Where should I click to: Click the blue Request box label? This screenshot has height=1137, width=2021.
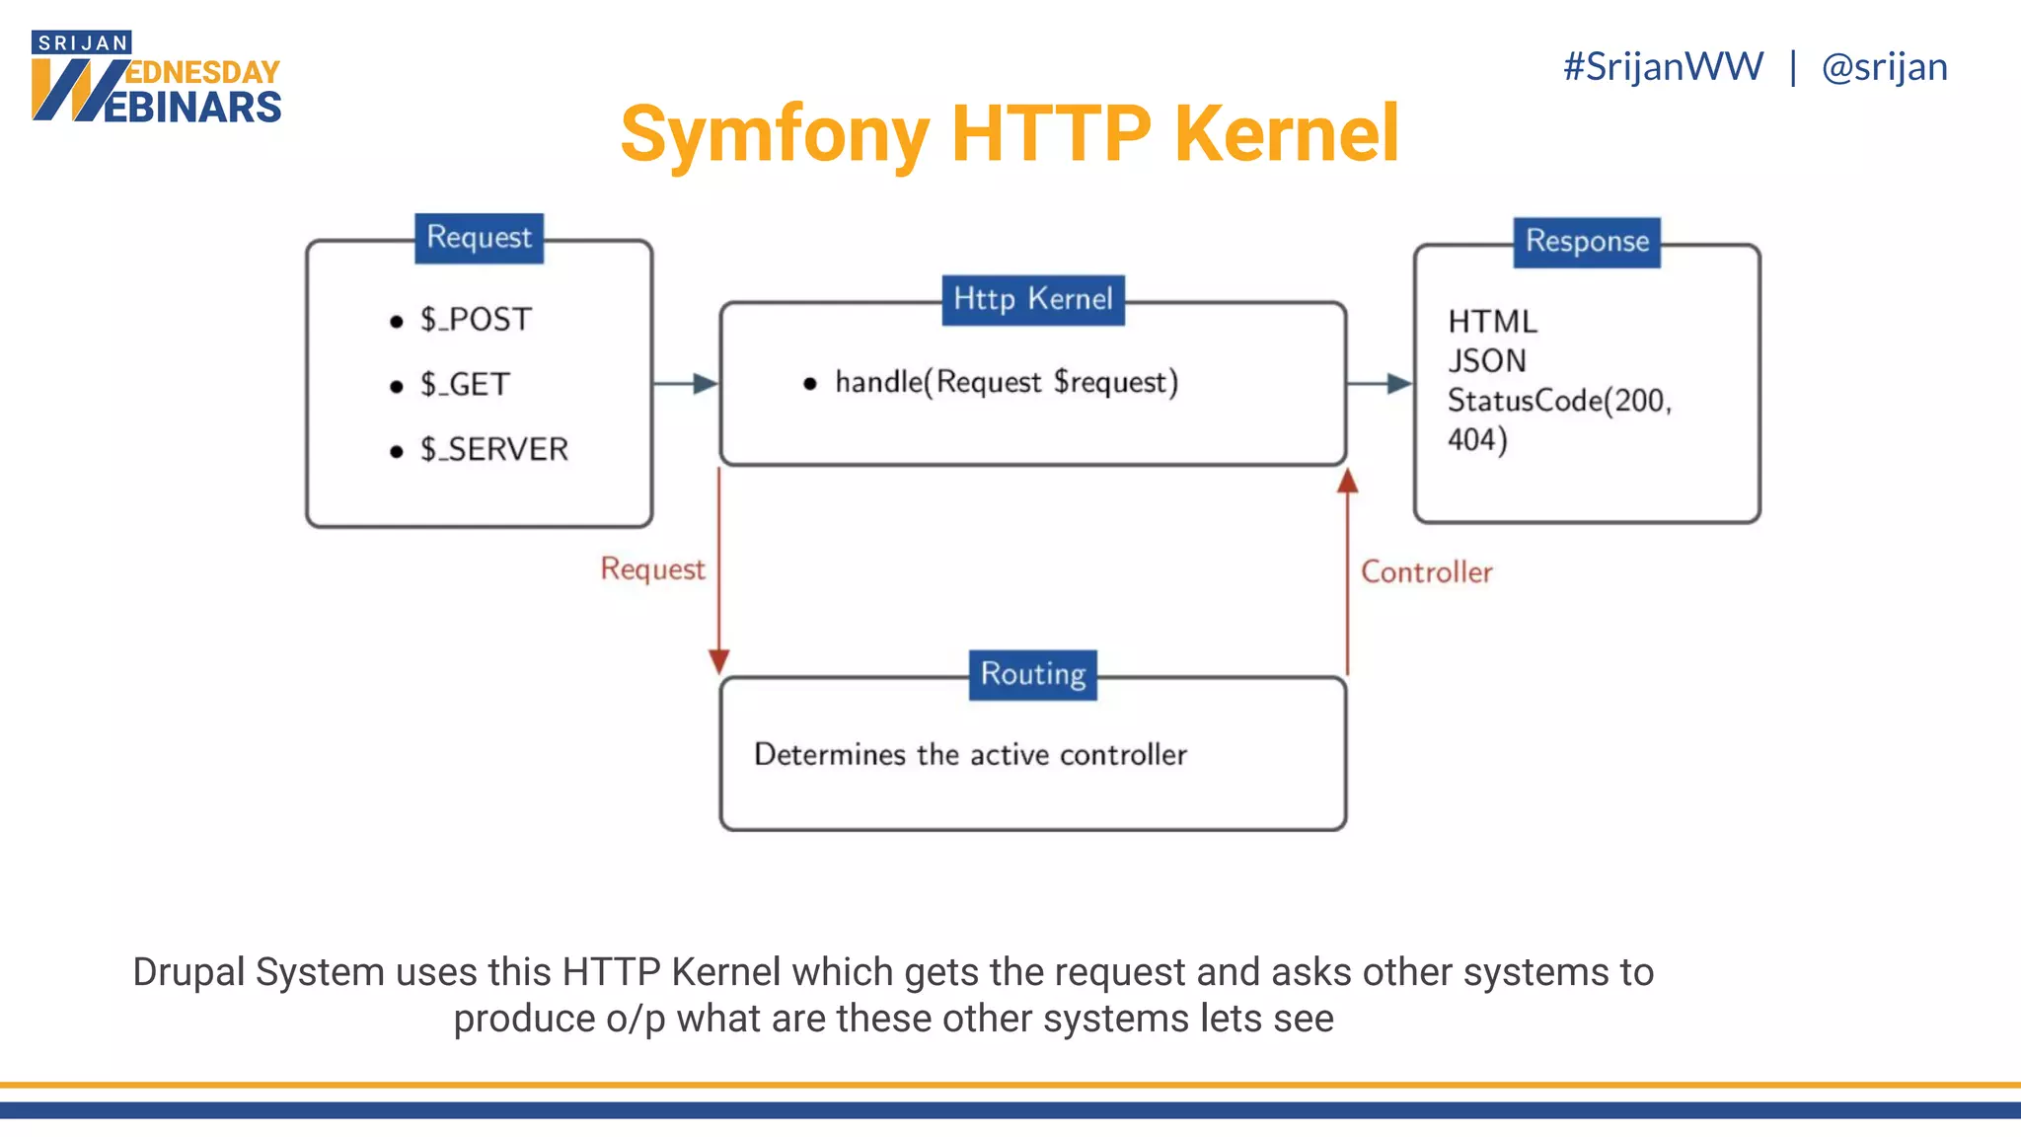click(479, 238)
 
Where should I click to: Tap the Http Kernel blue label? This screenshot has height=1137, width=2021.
click(1032, 299)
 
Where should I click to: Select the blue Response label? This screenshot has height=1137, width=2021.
click(1587, 242)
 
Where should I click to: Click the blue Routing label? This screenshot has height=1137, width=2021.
click(1032, 674)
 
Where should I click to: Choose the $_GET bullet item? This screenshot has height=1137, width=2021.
click(465, 384)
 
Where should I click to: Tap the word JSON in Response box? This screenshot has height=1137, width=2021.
click(1487, 361)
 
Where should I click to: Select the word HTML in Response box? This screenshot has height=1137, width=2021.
click(1492, 322)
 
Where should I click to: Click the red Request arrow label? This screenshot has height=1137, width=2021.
click(652, 569)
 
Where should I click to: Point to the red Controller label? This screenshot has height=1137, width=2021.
click(1426, 572)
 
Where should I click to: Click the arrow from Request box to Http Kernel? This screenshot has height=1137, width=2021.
click(687, 384)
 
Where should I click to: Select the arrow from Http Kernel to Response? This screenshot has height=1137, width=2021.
click(1380, 384)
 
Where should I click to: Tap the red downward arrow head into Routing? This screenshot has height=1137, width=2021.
click(719, 660)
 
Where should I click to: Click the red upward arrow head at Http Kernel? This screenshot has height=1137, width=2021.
click(1347, 482)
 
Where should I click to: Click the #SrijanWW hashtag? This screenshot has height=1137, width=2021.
click(1663, 67)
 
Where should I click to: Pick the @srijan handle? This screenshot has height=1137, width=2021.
click(1884, 67)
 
